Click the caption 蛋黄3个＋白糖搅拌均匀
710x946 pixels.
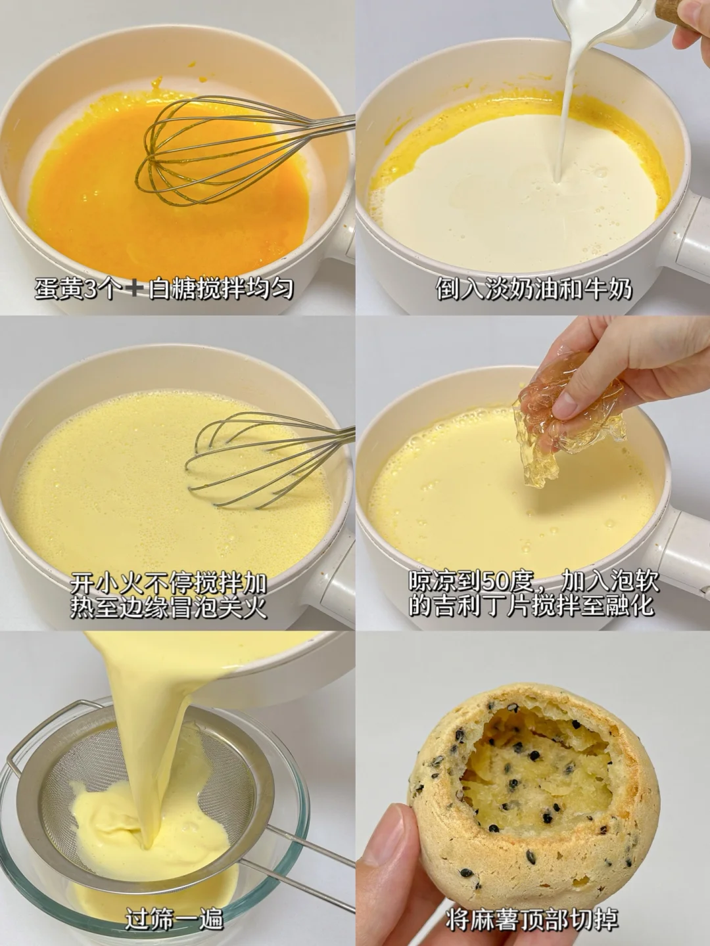click(164, 289)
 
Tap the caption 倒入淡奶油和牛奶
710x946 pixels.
click(534, 289)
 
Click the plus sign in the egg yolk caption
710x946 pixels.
click(135, 290)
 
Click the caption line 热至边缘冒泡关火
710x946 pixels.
click(168, 608)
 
